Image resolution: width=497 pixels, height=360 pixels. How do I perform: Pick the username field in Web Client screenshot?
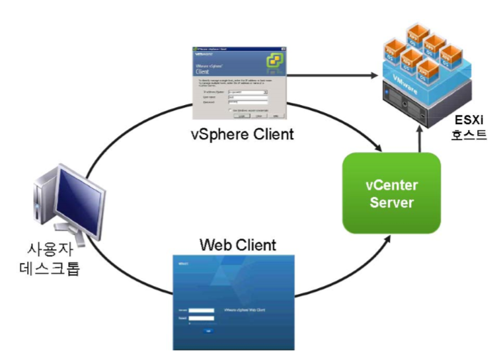(201, 309)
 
